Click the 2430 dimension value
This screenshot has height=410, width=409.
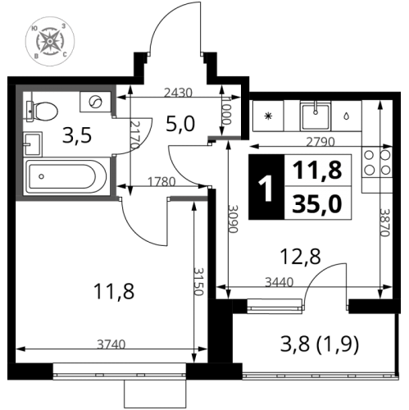[179, 92]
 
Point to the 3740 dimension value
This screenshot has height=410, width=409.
[106, 344]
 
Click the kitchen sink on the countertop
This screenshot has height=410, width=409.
[315, 116]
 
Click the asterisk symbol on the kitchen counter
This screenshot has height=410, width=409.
[268, 116]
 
